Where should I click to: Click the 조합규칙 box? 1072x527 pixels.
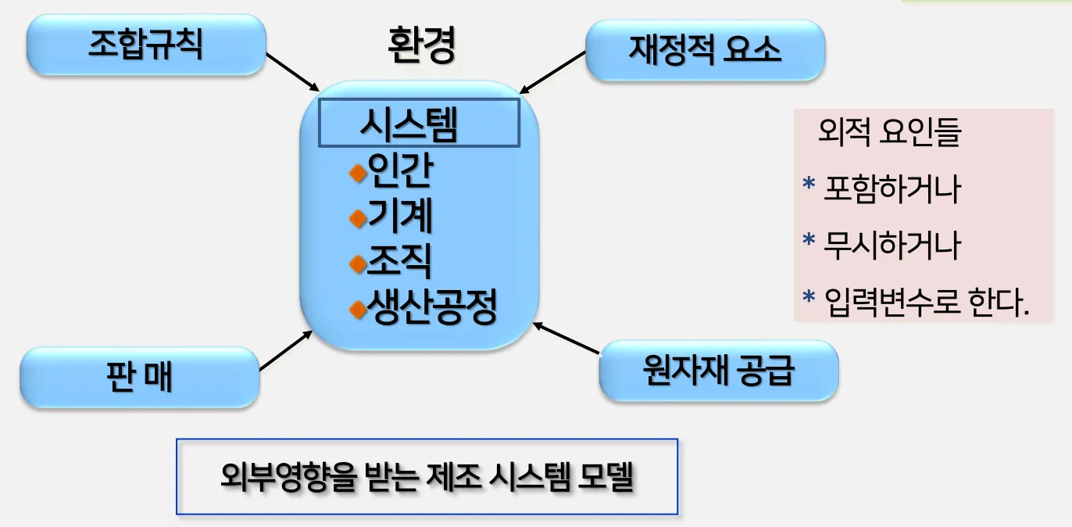[x=145, y=45]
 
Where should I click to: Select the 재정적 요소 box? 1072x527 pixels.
[x=705, y=51]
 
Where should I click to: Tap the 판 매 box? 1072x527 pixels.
[x=139, y=378]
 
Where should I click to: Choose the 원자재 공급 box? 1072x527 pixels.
[x=717, y=371]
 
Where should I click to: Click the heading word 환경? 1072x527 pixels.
[x=421, y=46]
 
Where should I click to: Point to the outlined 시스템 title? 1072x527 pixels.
[x=419, y=124]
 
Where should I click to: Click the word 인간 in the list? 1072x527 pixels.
[x=399, y=173]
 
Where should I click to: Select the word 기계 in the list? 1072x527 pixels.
[x=399, y=218]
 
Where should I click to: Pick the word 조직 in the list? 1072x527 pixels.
[x=399, y=263]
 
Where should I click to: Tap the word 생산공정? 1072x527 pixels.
[x=432, y=309]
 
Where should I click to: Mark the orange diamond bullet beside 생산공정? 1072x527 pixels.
[x=358, y=310]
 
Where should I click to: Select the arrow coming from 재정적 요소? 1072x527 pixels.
[x=552, y=72]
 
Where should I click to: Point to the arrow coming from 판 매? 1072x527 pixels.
[x=285, y=350]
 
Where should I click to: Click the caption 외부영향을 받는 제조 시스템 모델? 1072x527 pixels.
[x=427, y=476]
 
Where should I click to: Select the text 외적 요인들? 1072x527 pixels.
[x=888, y=134]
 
